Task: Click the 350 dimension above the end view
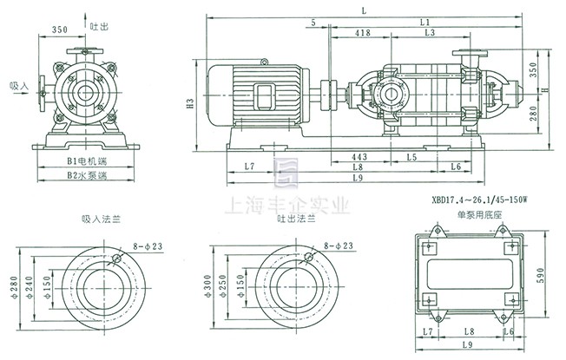point(60,29)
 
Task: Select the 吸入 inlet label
point(19,86)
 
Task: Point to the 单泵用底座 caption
point(467,213)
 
